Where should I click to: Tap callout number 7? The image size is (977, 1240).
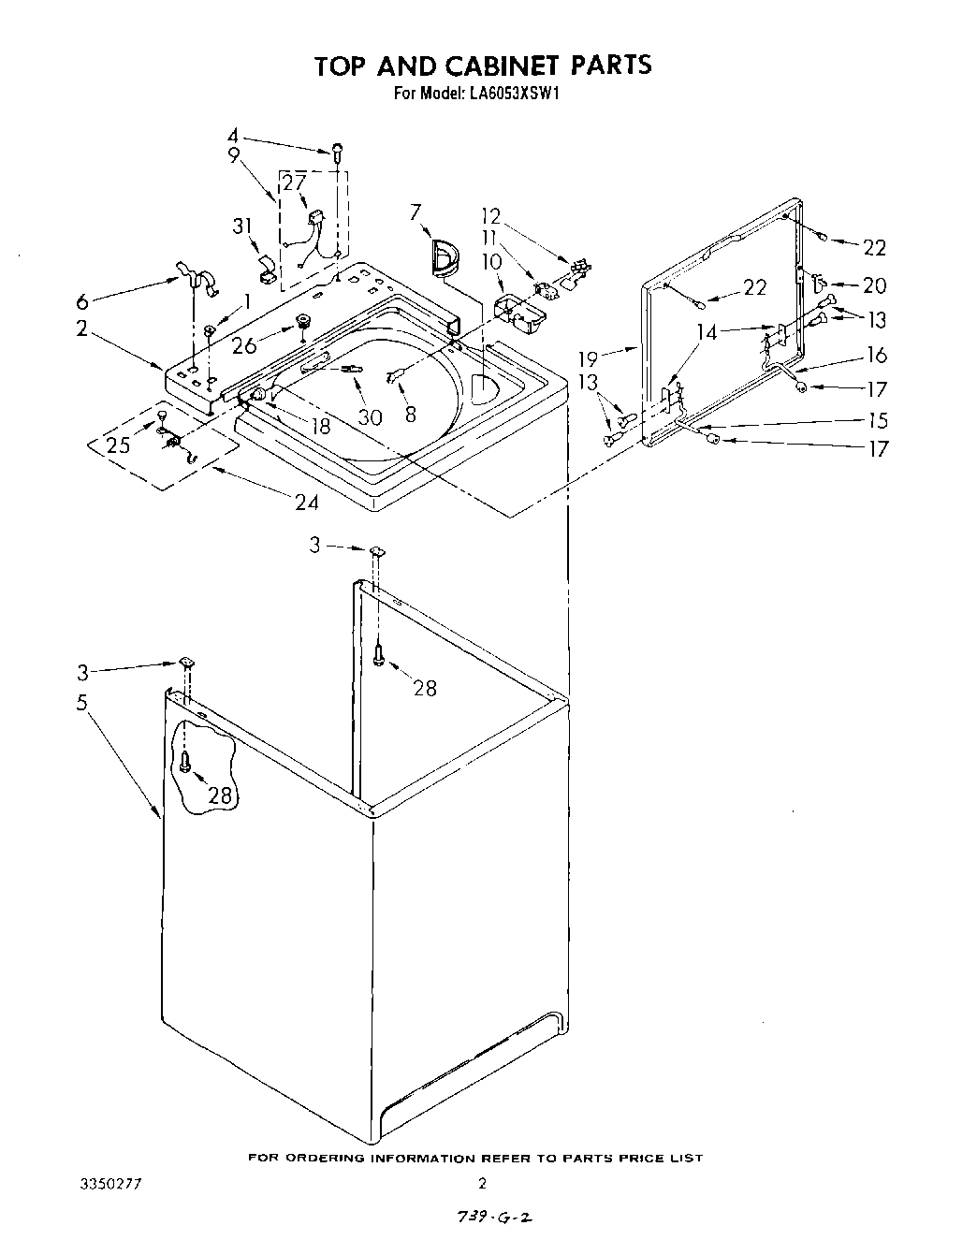tap(416, 212)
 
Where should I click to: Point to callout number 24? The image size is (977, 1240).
tap(306, 503)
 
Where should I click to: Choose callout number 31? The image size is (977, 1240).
tap(242, 226)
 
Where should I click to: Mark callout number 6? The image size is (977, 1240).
tap(82, 301)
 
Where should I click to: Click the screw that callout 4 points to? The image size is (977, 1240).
tap(336, 150)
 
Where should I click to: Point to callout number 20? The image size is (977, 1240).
tap(874, 285)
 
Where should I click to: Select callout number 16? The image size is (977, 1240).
tap(877, 355)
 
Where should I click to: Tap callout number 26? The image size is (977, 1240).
tap(244, 345)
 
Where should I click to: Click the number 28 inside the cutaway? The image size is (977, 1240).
tap(220, 795)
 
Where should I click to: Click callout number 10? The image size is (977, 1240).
tap(492, 263)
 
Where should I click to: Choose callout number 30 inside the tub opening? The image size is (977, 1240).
tap(370, 417)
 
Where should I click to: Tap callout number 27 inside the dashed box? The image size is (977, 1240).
tap(295, 182)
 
